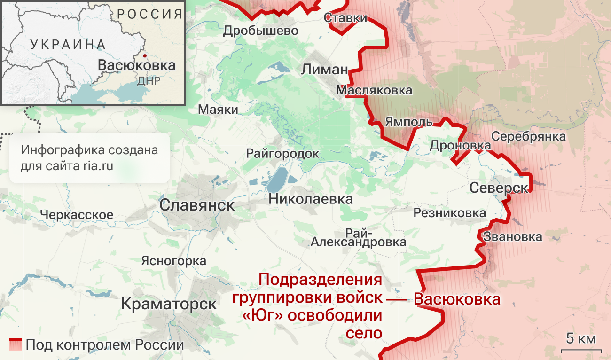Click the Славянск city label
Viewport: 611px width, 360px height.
[197, 205]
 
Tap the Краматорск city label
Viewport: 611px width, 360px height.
[169, 304]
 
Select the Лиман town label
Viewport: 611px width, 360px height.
[325, 70]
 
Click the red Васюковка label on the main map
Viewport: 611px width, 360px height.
[457, 299]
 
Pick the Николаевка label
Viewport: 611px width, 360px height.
[311, 199]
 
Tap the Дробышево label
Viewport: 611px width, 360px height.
[260, 31]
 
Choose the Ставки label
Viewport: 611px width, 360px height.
[345, 18]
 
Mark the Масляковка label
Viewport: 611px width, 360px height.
[374, 90]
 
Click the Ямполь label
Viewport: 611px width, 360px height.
[408, 122]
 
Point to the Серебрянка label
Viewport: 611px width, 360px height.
[528, 136]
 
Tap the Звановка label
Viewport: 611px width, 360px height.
[512, 237]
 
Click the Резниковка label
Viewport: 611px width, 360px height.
[449, 213]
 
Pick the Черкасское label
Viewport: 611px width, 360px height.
[76, 215]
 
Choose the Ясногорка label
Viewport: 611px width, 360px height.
[173, 261]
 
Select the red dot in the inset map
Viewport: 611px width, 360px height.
[145, 56]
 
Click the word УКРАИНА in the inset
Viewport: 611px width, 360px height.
[68, 45]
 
